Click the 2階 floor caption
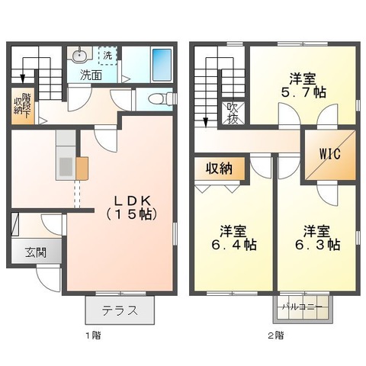click(274, 334)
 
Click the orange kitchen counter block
click(82, 166)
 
